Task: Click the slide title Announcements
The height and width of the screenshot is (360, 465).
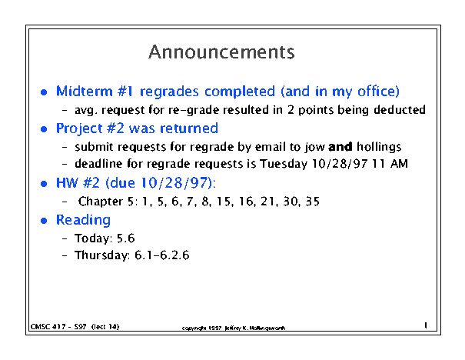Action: pyautogui.click(x=221, y=52)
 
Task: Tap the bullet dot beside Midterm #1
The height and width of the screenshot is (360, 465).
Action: pyautogui.click(x=44, y=92)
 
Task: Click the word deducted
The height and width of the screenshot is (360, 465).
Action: pyautogui.click(x=400, y=110)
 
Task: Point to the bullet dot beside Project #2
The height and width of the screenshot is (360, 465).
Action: pyautogui.click(x=44, y=129)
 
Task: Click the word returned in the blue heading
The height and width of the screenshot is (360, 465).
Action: pyautogui.click(x=189, y=128)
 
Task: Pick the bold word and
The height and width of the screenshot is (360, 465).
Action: pyautogui.click(x=340, y=147)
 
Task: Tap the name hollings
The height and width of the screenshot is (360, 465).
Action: pyautogui.click(x=379, y=147)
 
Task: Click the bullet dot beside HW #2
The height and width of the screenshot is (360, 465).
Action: pyautogui.click(x=44, y=184)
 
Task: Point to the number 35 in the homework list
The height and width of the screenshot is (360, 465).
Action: pyautogui.click(x=313, y=202)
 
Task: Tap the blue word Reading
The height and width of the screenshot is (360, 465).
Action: pyautogui.click(x=83, y=221)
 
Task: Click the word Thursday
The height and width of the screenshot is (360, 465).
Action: pyautogui.click(x=101, y=255)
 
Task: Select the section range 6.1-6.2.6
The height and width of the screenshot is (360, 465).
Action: pyautogui.click(x=162, y=255)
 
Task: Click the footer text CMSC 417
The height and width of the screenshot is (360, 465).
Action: pyautogui.click(x=48, y=327)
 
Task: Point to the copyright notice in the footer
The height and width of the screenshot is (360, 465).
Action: pyautogui.click(x=234, y=328)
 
